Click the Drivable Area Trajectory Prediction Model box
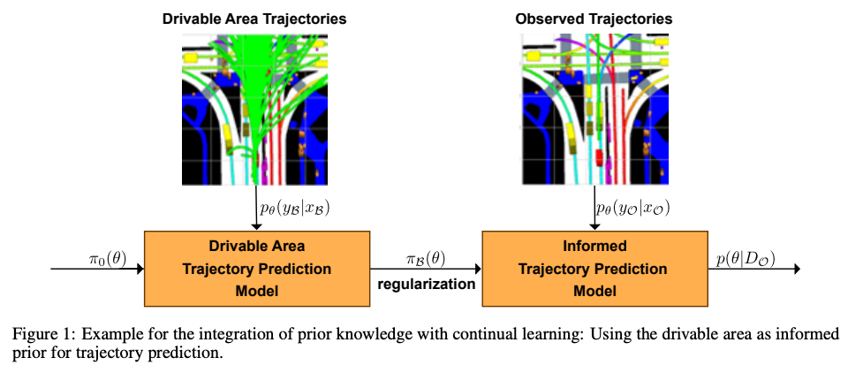[x=258, y=268]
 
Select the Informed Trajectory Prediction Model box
[x=594, y=268]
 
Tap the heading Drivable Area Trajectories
[x=254, y=19]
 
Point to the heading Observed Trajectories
[x=594, y=19]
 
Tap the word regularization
[x=426, y=285]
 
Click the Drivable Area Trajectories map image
[x=254, y=109]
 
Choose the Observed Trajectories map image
[x=594, y=109]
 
